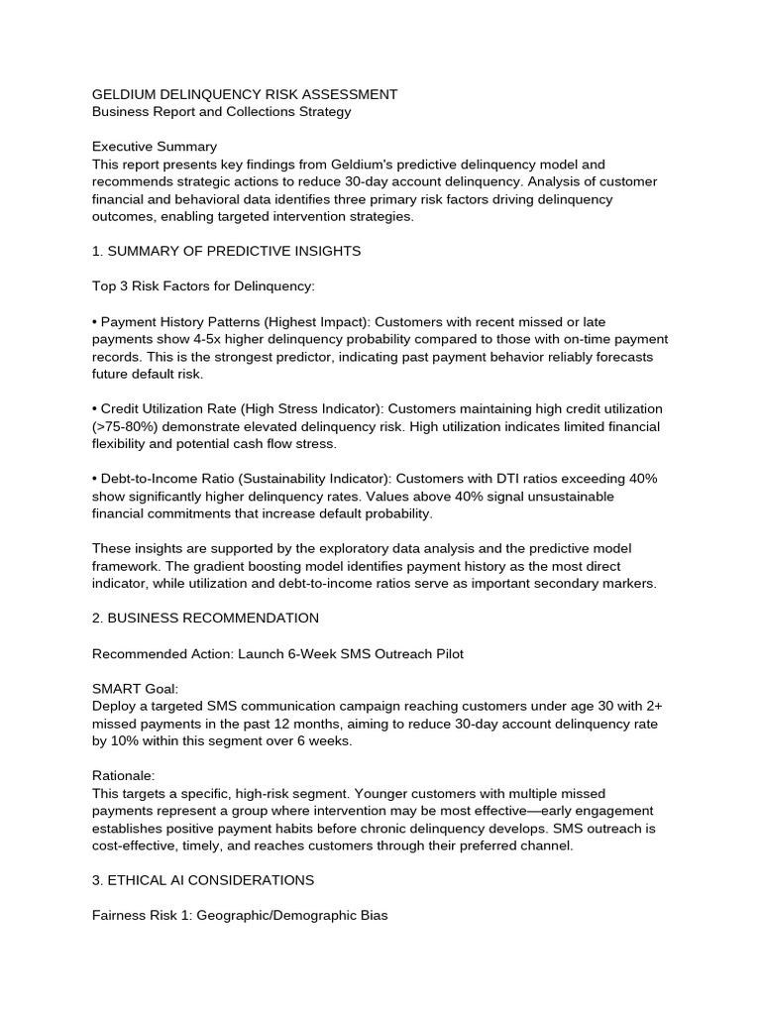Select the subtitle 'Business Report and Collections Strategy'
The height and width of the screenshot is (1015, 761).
coord(221,112)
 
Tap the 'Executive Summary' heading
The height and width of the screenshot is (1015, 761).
coord(154,147)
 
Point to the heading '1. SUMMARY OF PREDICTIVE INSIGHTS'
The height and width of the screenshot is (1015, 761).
coord(226,251)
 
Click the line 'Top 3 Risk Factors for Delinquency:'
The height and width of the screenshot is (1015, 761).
coord(203,286)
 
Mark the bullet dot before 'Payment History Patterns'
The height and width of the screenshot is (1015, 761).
coord(94,322)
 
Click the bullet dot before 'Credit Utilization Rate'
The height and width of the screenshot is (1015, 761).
coord(94,409)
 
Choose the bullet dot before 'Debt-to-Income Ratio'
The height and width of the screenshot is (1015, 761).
coord(94,479)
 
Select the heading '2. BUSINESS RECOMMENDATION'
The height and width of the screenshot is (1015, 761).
coord(205,619)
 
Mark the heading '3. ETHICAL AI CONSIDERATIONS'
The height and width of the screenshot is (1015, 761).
coord(203,880)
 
